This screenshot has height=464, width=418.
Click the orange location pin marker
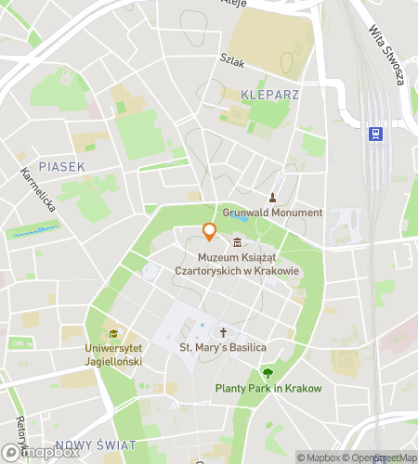click(x=209, y=231)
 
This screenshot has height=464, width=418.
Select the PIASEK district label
click(x=62, y=166)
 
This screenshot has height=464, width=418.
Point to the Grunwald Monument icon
click(x=272, y=198)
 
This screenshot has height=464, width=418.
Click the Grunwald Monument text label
click(x=272, y=213)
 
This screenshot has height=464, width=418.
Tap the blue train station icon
click(x=375, y=134)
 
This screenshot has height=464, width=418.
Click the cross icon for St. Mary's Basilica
click(x=223, y=331)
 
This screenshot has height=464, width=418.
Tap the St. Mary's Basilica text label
click(x=223, y=347)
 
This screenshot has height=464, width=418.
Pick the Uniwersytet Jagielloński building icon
click(x=113, y=334)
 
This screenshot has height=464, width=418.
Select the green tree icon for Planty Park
click(x=268, y=373)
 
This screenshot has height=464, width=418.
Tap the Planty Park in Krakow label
click(x=268, y=388)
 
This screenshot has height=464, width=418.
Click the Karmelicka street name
click(x=38, y=189)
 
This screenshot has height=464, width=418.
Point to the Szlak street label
click(x=231, y=59)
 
